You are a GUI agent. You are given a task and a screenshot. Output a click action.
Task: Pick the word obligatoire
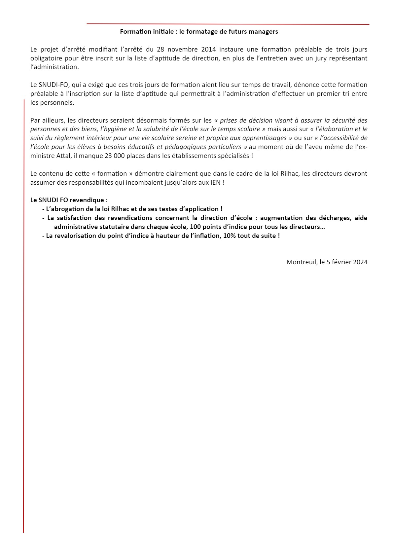(46, 58)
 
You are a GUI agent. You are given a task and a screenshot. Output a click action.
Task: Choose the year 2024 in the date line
(360, 262)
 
